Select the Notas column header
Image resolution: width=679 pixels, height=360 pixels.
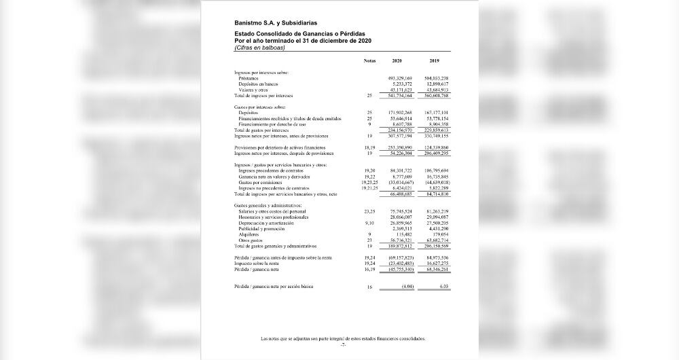click(x=369, y=61)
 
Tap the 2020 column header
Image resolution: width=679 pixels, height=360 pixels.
click(x=397, y=61)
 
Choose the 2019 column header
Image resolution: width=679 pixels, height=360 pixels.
click(x=435, y=61)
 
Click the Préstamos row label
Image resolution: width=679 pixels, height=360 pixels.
click(x=249, y=78)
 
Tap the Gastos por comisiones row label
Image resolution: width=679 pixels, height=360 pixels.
click(x=260, y=183)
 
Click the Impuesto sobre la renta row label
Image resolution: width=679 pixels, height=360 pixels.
click(x=257, y=264)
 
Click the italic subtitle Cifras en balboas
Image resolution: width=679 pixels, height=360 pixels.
click(x=259, y=48)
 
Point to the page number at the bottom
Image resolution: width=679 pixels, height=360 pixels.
click(x=344, y=345)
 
